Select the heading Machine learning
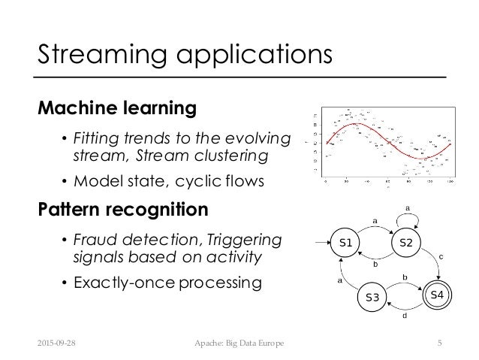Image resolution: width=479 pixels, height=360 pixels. pos(117,109)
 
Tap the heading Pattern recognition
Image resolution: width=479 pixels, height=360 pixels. pos(123,208)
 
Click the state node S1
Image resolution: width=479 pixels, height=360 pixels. pos(347,243)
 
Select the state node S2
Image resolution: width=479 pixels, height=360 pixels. pos(408,243)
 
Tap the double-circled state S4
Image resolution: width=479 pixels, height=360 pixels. pos(437,293)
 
